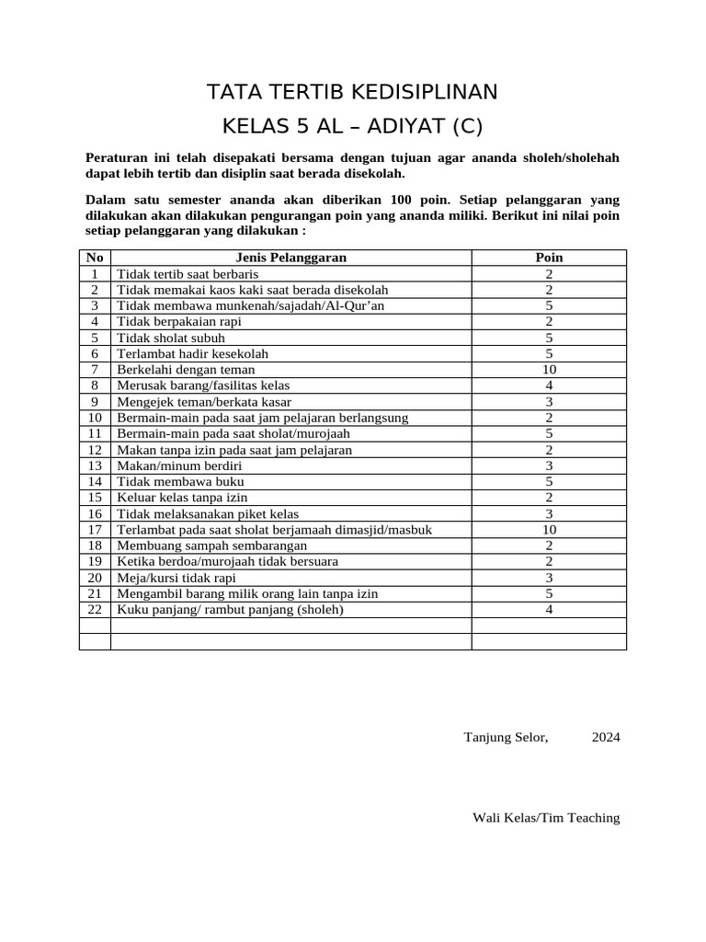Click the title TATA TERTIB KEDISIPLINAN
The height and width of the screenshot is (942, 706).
352,91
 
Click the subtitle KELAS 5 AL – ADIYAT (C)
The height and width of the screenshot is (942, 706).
352,126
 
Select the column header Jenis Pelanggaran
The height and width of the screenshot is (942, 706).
290,258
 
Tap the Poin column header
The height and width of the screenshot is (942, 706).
549,258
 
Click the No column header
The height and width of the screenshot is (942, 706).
95,258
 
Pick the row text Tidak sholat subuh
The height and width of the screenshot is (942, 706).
171,338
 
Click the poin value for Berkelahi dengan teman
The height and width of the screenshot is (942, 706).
549,370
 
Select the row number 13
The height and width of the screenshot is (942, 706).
95,466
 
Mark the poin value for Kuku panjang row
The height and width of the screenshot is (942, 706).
549,610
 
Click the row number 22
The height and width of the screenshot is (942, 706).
95,610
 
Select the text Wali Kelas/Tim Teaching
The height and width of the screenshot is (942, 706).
546,818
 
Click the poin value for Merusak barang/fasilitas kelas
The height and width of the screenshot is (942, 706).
549,385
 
